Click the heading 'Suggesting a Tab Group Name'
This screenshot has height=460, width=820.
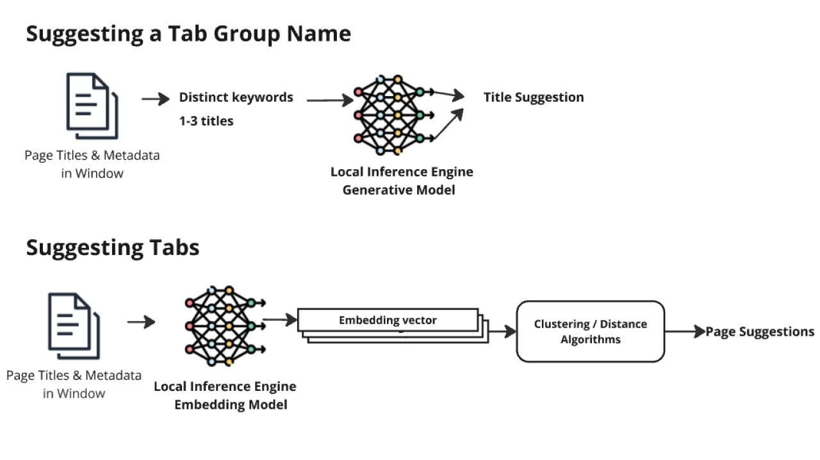[x=188, y=34]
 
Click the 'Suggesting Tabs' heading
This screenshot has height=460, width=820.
[x=113, y=247]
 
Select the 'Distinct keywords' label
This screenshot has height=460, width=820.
[x=236, y=97]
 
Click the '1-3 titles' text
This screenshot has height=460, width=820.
[x=206, y=120]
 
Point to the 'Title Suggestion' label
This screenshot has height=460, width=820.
[x=533, y=97]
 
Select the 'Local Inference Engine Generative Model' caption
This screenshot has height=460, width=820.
[x=402, y=181]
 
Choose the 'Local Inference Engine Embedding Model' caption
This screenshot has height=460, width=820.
[x=225, y=395]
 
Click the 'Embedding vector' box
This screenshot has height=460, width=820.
[x=388, y=320]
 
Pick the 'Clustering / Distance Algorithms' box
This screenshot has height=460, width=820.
[x=590, y=332]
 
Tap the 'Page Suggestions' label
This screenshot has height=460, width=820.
[x=760, y=332]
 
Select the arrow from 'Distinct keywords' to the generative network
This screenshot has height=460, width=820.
[x=329, y=100]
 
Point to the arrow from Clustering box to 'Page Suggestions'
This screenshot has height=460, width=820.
[x=684, y=332]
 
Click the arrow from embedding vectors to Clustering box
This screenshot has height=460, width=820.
[x=502, y=332]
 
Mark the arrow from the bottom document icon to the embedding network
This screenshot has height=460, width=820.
[x=141, y=322]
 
